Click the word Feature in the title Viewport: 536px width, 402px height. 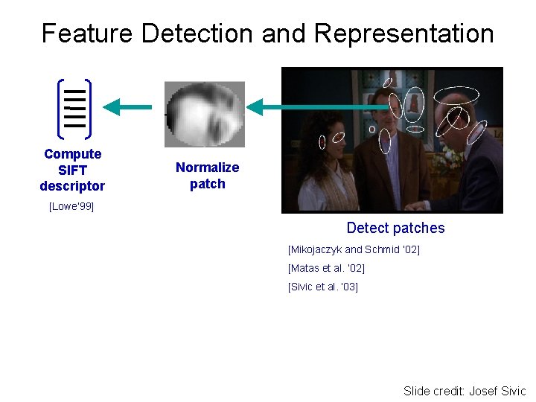[x=87, y=33]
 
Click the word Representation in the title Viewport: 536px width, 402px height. [x=403, y=33]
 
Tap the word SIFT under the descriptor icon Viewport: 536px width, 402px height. [x=72, y=170]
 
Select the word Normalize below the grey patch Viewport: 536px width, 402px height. [x=207, y=167]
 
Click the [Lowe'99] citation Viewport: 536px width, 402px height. [x=71, y=206]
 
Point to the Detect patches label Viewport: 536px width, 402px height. [x=395, y=229]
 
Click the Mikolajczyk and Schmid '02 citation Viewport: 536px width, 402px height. [x=354, y=250]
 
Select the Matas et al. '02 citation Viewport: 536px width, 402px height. [x=326, y=268]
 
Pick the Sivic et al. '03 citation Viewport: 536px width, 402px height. [x=323, y=287]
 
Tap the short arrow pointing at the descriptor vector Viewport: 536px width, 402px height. [x=127, y=108]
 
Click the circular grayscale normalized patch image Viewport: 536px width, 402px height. [x=204, y=114]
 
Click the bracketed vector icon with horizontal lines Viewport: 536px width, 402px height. [x=74, y=109]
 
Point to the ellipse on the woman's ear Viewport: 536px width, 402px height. [x=322, y=141]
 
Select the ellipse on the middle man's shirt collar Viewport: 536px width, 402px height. [x=384, y=141]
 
